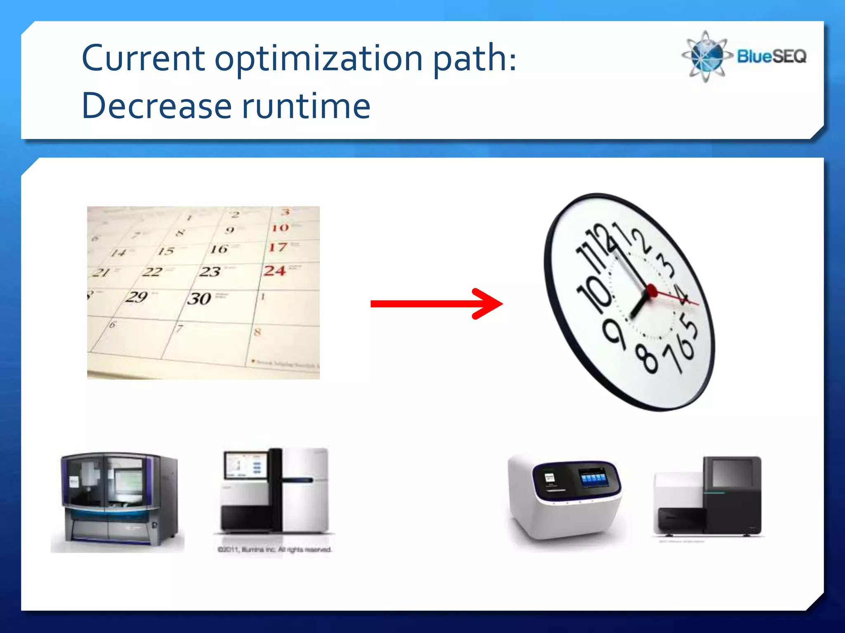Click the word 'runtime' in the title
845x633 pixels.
click(x=306, y=106)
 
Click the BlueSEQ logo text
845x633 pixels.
click(x=772, y=56)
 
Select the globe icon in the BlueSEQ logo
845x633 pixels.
click(x=706, y=56)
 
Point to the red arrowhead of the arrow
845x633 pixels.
click(x=489, y=304)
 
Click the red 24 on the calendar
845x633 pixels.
click(x=275, y=271)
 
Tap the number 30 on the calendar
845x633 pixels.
click(x=199, y=298)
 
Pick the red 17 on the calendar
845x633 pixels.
click(x=278, y=247)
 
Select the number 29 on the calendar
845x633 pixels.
click(x=137, y=297)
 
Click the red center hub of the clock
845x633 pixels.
click(x=652, y=291)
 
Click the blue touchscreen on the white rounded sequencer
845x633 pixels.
click(x=593, y=478)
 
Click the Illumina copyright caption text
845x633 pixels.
click(x=274, y=549)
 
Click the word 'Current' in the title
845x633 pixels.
click(x=143, y=59)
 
